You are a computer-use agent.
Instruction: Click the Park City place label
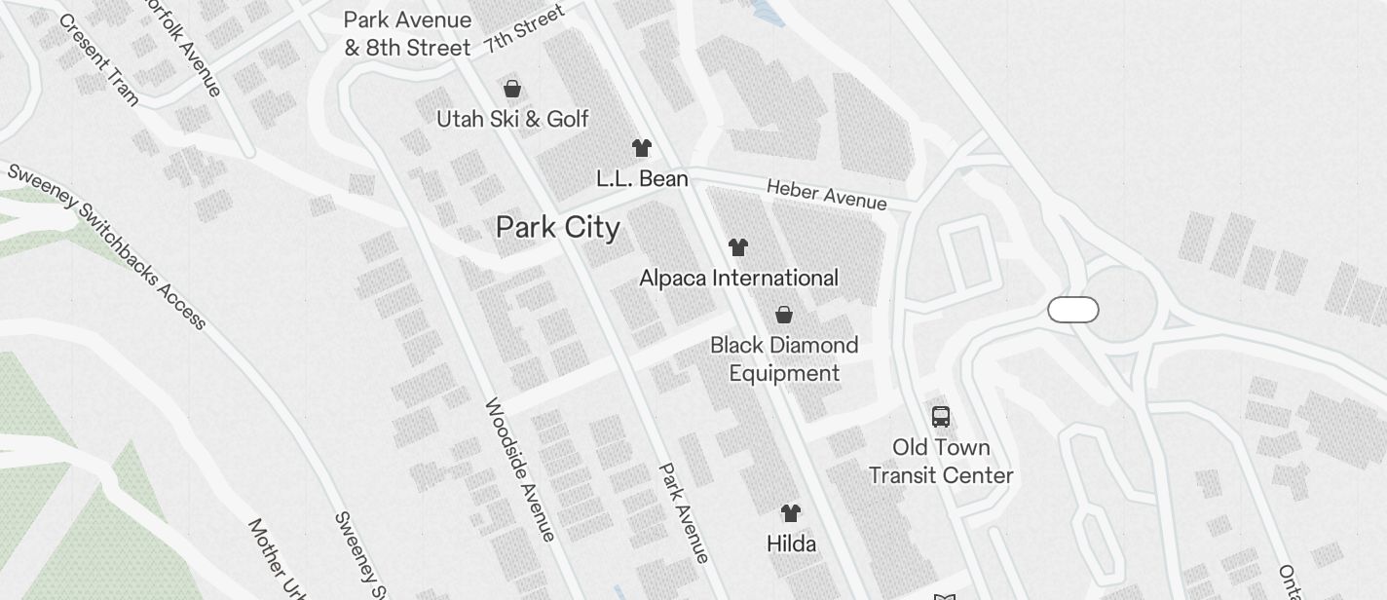click(558, 228)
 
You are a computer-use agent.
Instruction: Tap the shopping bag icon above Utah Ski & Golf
click(512, 89)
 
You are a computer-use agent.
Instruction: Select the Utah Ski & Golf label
click(512, 119)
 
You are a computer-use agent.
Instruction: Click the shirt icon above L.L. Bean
click(641, 148)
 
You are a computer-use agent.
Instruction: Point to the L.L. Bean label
click(642, 179)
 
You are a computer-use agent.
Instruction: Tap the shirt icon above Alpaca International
click(738, 247)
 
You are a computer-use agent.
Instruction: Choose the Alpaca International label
click(738, 279)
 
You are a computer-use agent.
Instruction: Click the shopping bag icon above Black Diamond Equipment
click(784, 315)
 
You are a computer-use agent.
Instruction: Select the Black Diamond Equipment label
click(784, 358)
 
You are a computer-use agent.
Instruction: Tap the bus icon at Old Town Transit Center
click(941, 417)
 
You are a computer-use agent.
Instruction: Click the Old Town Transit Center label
click(941, 462)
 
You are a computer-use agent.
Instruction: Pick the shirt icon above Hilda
click(791, 512)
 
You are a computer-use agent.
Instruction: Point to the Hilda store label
click(791, 544)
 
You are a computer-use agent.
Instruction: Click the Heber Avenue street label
click(827, 194)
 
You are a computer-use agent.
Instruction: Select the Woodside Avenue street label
click(520, 469)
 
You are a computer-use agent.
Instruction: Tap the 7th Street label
click(524, 28)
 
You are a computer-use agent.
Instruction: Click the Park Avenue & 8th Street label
click(407, 33)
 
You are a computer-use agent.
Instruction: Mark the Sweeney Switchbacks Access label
click(107, 245)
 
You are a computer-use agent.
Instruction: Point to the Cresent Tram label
click(98, 58)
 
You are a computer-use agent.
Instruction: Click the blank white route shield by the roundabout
click(1073, 310)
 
